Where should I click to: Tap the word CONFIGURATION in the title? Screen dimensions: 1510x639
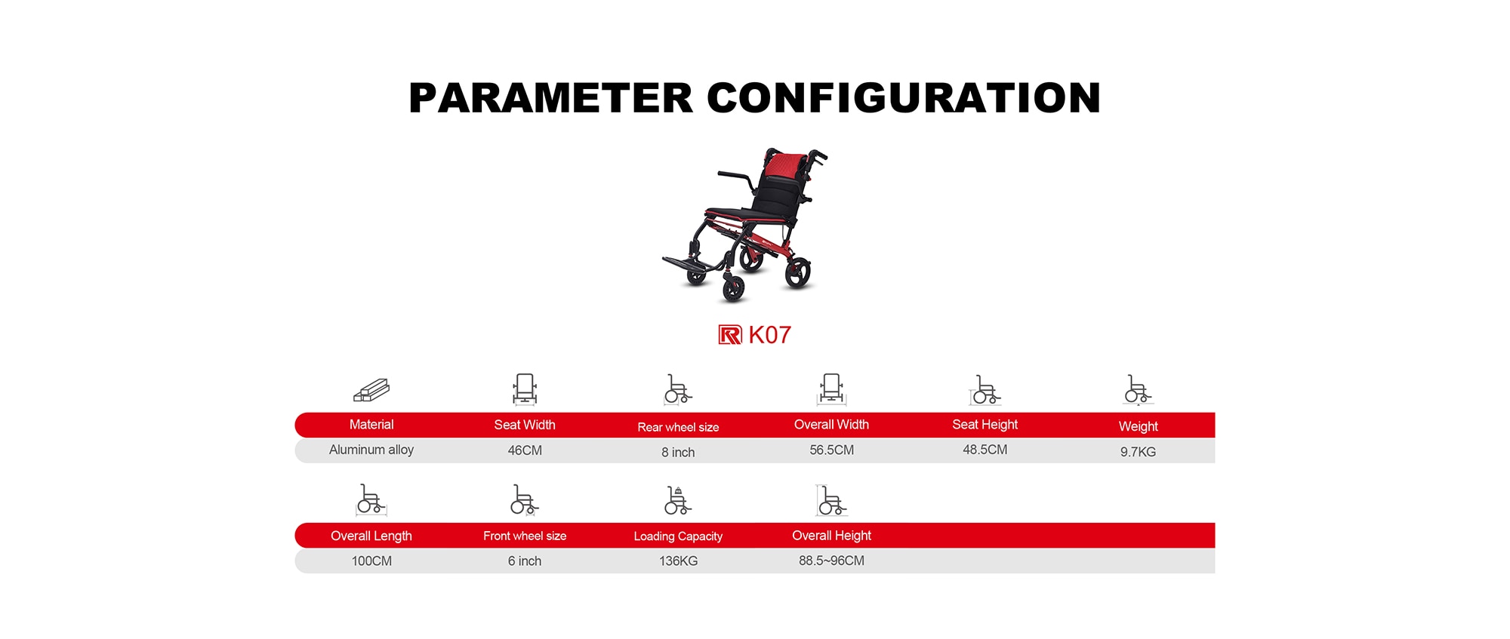click(904, 98)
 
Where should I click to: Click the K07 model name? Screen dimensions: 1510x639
click(769, 335)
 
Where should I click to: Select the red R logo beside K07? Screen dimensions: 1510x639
click(730, 335)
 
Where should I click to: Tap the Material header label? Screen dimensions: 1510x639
click(371, 425)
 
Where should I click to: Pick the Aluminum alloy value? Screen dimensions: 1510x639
click(371, 450)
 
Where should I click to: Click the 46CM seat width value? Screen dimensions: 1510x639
click(525, 450)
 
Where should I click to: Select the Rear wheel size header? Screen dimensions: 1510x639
click(678, 427)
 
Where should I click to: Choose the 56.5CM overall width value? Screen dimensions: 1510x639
click(831, 450)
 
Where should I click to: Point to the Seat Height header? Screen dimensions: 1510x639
click(985, 425)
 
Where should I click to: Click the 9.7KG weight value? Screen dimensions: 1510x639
click(1138, 452)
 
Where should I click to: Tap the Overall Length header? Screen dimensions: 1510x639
click(371, 536)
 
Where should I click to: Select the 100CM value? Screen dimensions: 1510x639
click(371, 561)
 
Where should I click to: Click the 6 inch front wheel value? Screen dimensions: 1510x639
click(525, 561)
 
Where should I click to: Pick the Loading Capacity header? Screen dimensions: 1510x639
click(678, 536)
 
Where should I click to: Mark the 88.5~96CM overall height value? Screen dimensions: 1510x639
click(831, 561)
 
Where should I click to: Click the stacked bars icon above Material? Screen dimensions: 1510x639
click(371, 390)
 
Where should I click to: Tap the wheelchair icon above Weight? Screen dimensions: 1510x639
click(1138, 389)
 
